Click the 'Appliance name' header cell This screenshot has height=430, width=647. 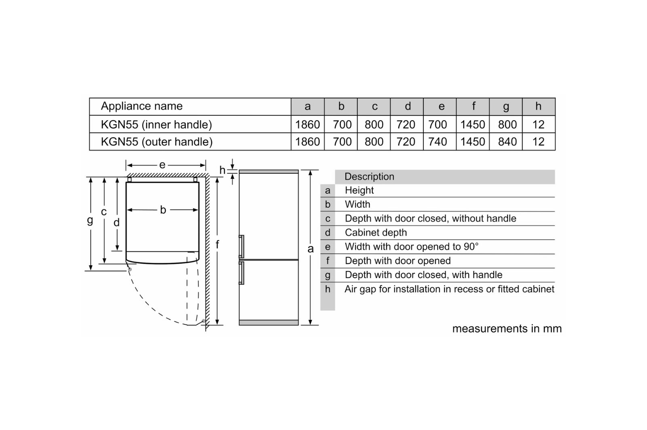pyautogui.click(x=142, y=106)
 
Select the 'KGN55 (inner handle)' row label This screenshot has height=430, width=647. pyautogui.click(x=156, y=124)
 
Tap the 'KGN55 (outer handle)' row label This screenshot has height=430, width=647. pyautogui.click(x=156, y=142)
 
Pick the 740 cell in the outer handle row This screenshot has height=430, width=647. pyautogui.click(x=438, y=142)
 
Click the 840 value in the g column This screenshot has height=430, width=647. pyautogui.click(x=507, y=142)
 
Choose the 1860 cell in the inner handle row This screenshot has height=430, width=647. pyautogui.click(x=307, y=124)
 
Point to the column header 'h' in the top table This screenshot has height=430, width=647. pyautogui.click(x=538, y=106)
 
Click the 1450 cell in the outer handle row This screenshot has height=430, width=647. pyautogui.click(x=472, y=142)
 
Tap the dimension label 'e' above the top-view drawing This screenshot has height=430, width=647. pyautogui.click(x=162, y=165)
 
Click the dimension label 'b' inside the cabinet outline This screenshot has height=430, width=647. pyautogui.click(x=163, y=210)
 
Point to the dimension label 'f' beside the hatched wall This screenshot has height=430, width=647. pyautogui.click(x=218, y=244)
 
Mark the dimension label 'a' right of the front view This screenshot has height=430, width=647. pyautogui.click(x=311, y=249)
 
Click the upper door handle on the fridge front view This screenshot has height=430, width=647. pyautogui.click(x=241, y=246)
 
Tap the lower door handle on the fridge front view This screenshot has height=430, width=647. pyautogui.click(x=241, y=273)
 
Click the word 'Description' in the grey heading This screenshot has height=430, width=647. pyautogui.click(x=369, y=177)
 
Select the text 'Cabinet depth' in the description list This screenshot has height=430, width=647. pyautogui.click(x=376, y=232)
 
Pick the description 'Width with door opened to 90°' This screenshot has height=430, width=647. pyautogui.click(x=411, y=247)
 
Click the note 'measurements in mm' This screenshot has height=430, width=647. pyautogui.click(x=507, y=328)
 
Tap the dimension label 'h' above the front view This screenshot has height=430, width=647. pyautogui.click(x=222, y=170)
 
